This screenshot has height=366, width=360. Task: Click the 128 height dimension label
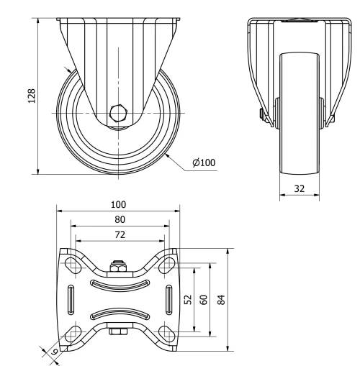31,96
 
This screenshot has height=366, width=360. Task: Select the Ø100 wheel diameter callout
204,163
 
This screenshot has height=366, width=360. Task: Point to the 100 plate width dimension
119,204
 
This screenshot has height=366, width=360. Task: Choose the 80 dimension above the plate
119,219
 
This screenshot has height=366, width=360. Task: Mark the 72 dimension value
119,234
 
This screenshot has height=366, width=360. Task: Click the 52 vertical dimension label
189,299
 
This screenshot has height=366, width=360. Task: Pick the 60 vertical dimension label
204,299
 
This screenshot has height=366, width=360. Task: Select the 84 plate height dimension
222,299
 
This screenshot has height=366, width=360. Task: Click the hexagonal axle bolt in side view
118,114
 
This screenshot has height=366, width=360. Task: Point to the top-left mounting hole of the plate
72,265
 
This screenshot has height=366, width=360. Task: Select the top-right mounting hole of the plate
167,265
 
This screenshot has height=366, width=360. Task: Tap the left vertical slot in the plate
71,298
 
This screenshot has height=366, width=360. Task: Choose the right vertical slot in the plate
168,298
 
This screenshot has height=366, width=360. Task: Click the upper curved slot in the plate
119,285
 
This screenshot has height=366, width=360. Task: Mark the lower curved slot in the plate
119,314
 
